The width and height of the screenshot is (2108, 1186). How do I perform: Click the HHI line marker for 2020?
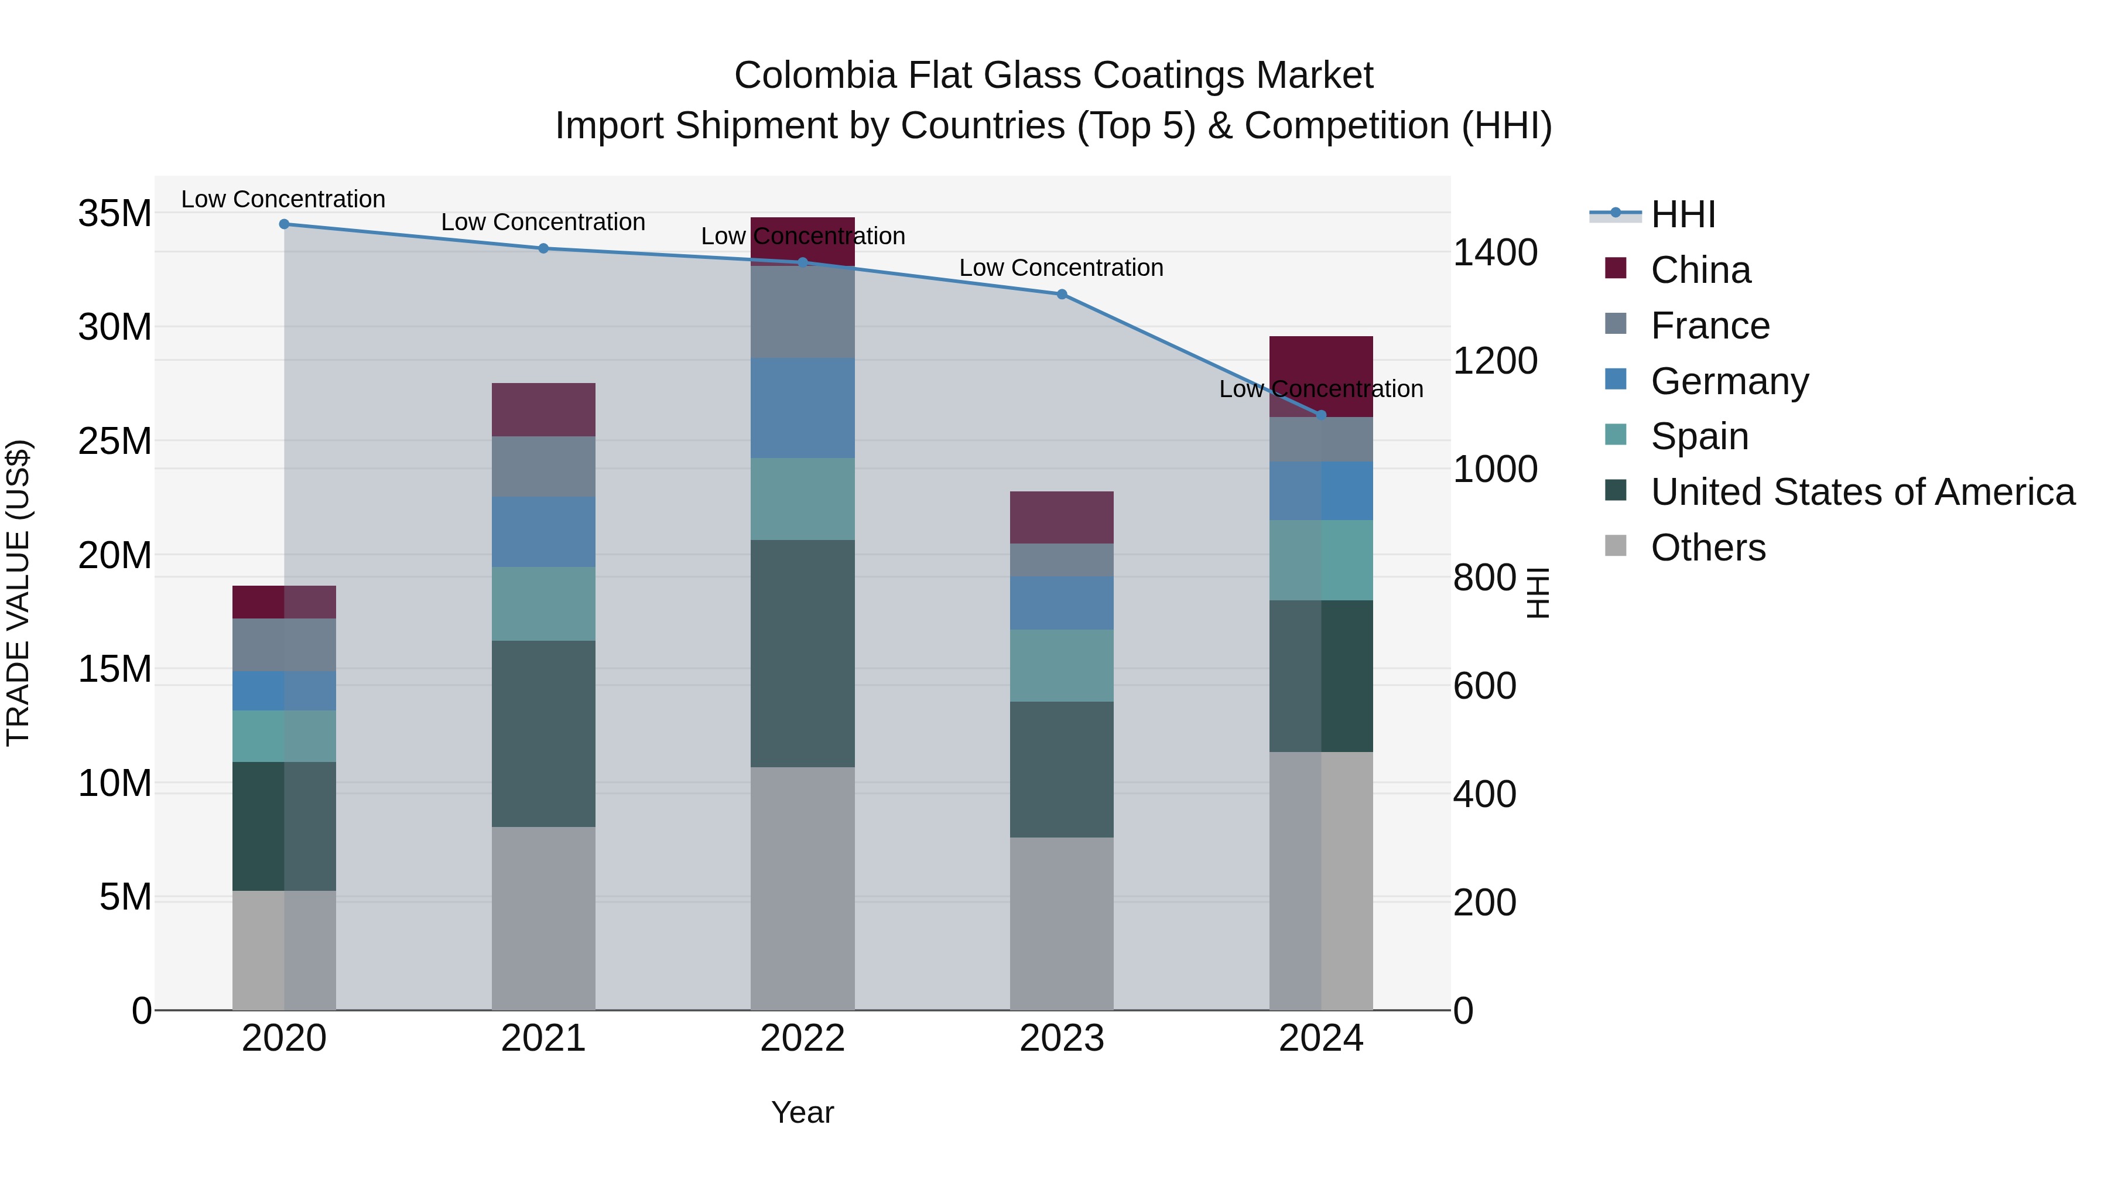[284, 224]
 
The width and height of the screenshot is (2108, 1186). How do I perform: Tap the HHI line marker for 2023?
[1062, 295]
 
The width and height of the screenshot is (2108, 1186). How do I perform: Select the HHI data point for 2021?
[543, 249]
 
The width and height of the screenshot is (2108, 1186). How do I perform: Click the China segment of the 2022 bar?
[802, 241]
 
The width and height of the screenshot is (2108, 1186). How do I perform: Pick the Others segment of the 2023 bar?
[1062, 923]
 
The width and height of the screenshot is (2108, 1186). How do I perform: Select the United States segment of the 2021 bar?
[543, 733]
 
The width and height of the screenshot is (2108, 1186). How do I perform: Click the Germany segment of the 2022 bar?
[802, 408]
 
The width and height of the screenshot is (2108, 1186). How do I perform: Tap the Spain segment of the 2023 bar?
[1062, 665]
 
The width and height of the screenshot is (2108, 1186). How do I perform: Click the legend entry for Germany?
[1729, 381]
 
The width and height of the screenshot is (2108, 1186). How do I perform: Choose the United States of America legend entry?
[1861, 492]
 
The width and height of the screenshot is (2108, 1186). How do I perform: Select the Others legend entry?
[1708, 548]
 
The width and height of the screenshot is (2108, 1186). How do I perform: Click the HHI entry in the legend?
[1682, 214]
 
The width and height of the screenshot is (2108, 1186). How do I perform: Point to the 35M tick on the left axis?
[115, 214]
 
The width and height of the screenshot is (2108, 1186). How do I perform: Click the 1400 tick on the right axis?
[1494, 253]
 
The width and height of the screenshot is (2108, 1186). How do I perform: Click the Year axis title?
[802, 1112]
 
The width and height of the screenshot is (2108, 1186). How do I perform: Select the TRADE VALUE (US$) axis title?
[18, 593]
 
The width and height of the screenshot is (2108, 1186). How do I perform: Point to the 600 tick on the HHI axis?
[1484, 686]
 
